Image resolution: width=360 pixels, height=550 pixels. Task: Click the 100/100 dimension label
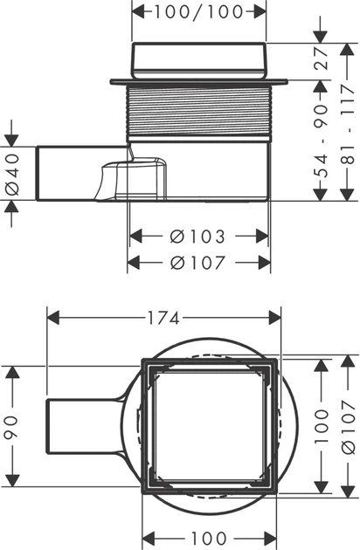199,11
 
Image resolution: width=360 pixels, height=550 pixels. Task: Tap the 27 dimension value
321,58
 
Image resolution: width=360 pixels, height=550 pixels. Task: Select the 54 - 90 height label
321,141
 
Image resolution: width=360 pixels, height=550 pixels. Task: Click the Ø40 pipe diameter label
12,175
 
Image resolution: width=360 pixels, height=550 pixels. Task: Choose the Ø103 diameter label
197,237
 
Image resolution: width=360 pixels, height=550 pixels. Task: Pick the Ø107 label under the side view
197,263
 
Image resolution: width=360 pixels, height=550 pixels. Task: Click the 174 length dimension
163,319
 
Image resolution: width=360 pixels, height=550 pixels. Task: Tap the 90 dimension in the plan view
11,427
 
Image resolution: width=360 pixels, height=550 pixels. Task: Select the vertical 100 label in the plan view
321,425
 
